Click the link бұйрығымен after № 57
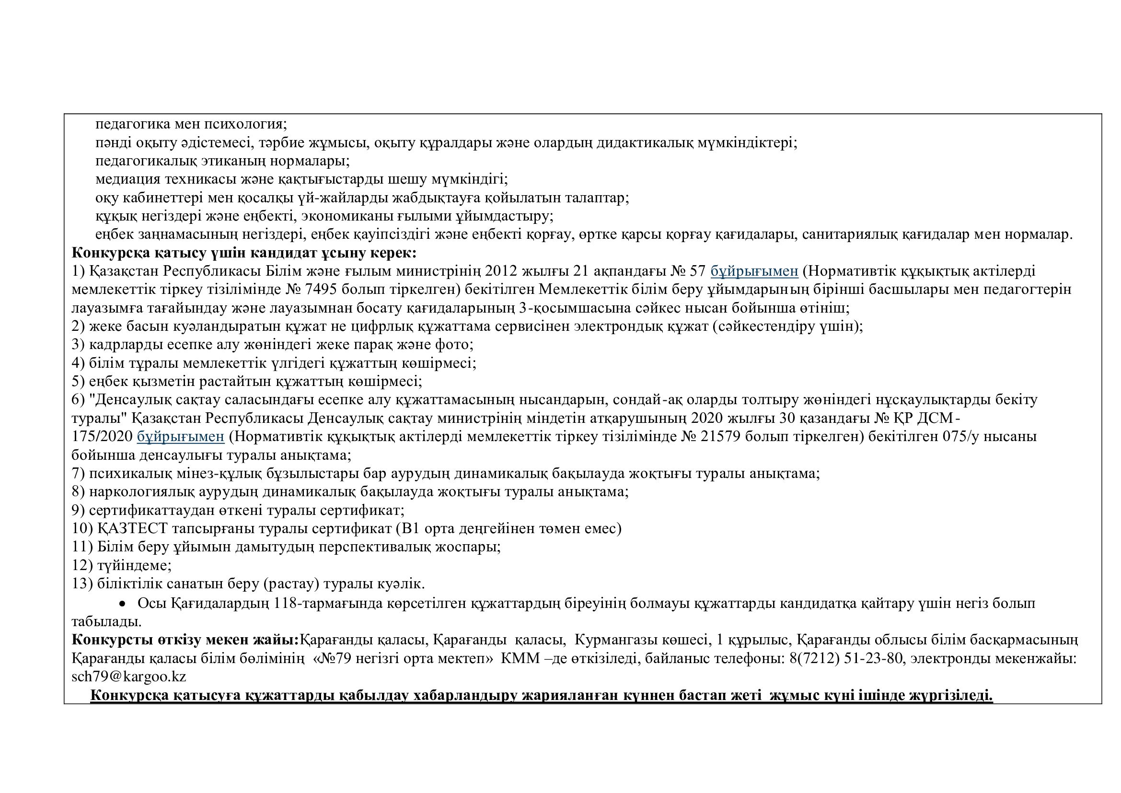click(754, 271)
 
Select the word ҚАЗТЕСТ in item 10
click(132, 528)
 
